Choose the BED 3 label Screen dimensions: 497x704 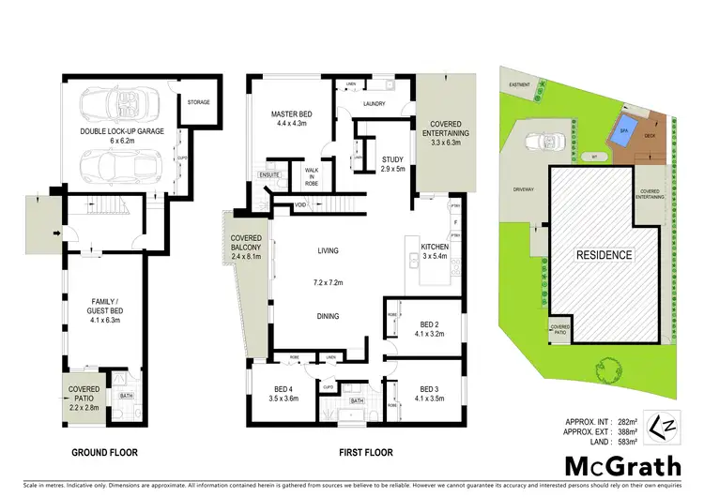coord(431,387)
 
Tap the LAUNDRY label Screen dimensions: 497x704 coord(375,103)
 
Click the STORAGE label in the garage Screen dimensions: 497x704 coord(199,101)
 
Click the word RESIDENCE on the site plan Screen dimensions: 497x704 coord(604,254)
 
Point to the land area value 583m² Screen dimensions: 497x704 coord(627,441)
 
